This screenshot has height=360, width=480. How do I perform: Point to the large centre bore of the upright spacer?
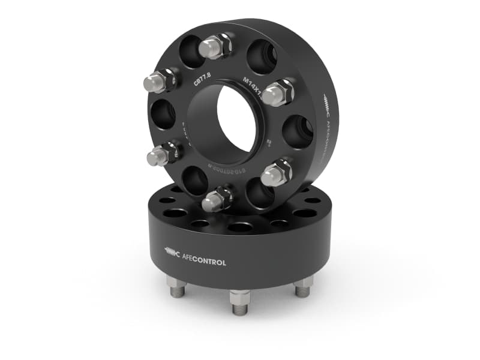click(237, 123)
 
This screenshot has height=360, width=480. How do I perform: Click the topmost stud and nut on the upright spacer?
click(215, 46)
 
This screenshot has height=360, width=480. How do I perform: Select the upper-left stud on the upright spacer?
click(160, 82)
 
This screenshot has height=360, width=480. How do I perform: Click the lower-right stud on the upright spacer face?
click(277, 173)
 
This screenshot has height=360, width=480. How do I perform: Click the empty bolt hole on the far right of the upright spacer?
click(298, 130)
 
